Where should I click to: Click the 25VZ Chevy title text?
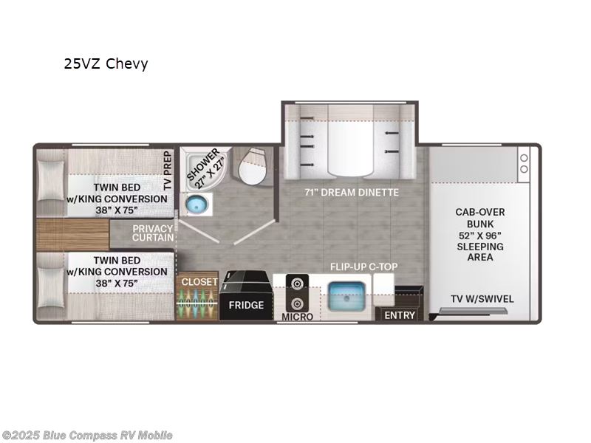pos(106,64)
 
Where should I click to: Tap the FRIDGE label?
pos(246,305)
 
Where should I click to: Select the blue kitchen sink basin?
pos(346,296)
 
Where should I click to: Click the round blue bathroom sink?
pos(197,205)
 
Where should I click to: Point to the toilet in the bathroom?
pos(252,167)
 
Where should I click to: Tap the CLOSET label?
pos(199,282)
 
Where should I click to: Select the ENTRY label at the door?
pos(400,315)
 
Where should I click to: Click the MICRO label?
pos(298,317)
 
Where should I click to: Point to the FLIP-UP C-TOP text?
pos(363,267)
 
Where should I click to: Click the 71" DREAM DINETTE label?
pos(352,192)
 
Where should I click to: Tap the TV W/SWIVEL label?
pos(482,299)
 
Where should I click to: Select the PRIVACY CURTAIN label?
pos(153,233)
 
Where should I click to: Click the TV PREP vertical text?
pos(168,171)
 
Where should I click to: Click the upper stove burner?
pos(297,283)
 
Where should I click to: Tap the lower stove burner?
pos(297,303)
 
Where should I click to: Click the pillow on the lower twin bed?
pos(50,287)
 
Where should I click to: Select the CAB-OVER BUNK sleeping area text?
pos(479,234)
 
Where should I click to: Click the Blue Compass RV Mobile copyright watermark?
pos(86,436)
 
